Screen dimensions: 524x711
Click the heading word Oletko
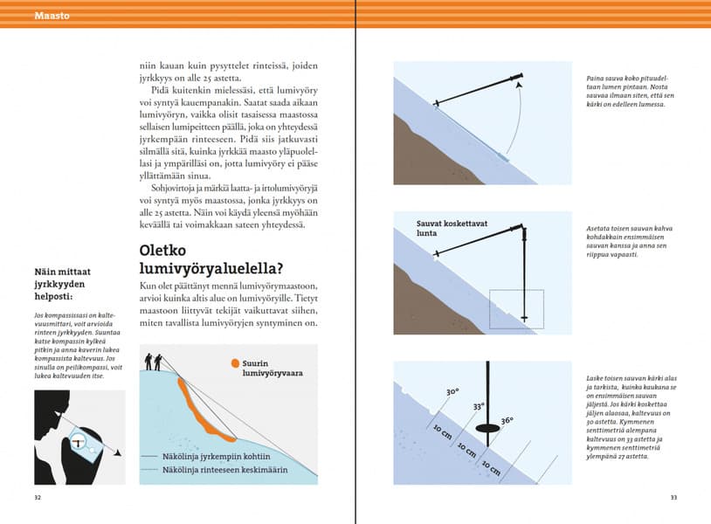[169, 251]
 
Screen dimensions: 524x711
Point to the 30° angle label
[452, 392]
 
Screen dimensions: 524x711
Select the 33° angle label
[479, 407]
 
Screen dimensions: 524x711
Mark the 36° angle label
[507, 421]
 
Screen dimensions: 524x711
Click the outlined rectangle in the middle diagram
[516, 308]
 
